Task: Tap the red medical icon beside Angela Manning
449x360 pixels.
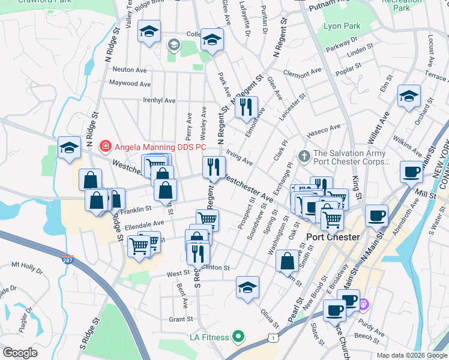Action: (x=105, y=145)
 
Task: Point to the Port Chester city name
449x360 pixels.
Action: (x=333, y=237)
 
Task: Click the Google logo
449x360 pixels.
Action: (x=20, y=352)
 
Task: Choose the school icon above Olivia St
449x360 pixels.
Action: (x=247, y=287)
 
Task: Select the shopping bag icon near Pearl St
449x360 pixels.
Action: (x=288, y=260)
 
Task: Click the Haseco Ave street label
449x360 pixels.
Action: (x=324, y=130)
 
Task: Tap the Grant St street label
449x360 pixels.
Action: (x=180, y=320)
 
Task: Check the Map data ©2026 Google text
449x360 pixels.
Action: (x=411, y=355)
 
